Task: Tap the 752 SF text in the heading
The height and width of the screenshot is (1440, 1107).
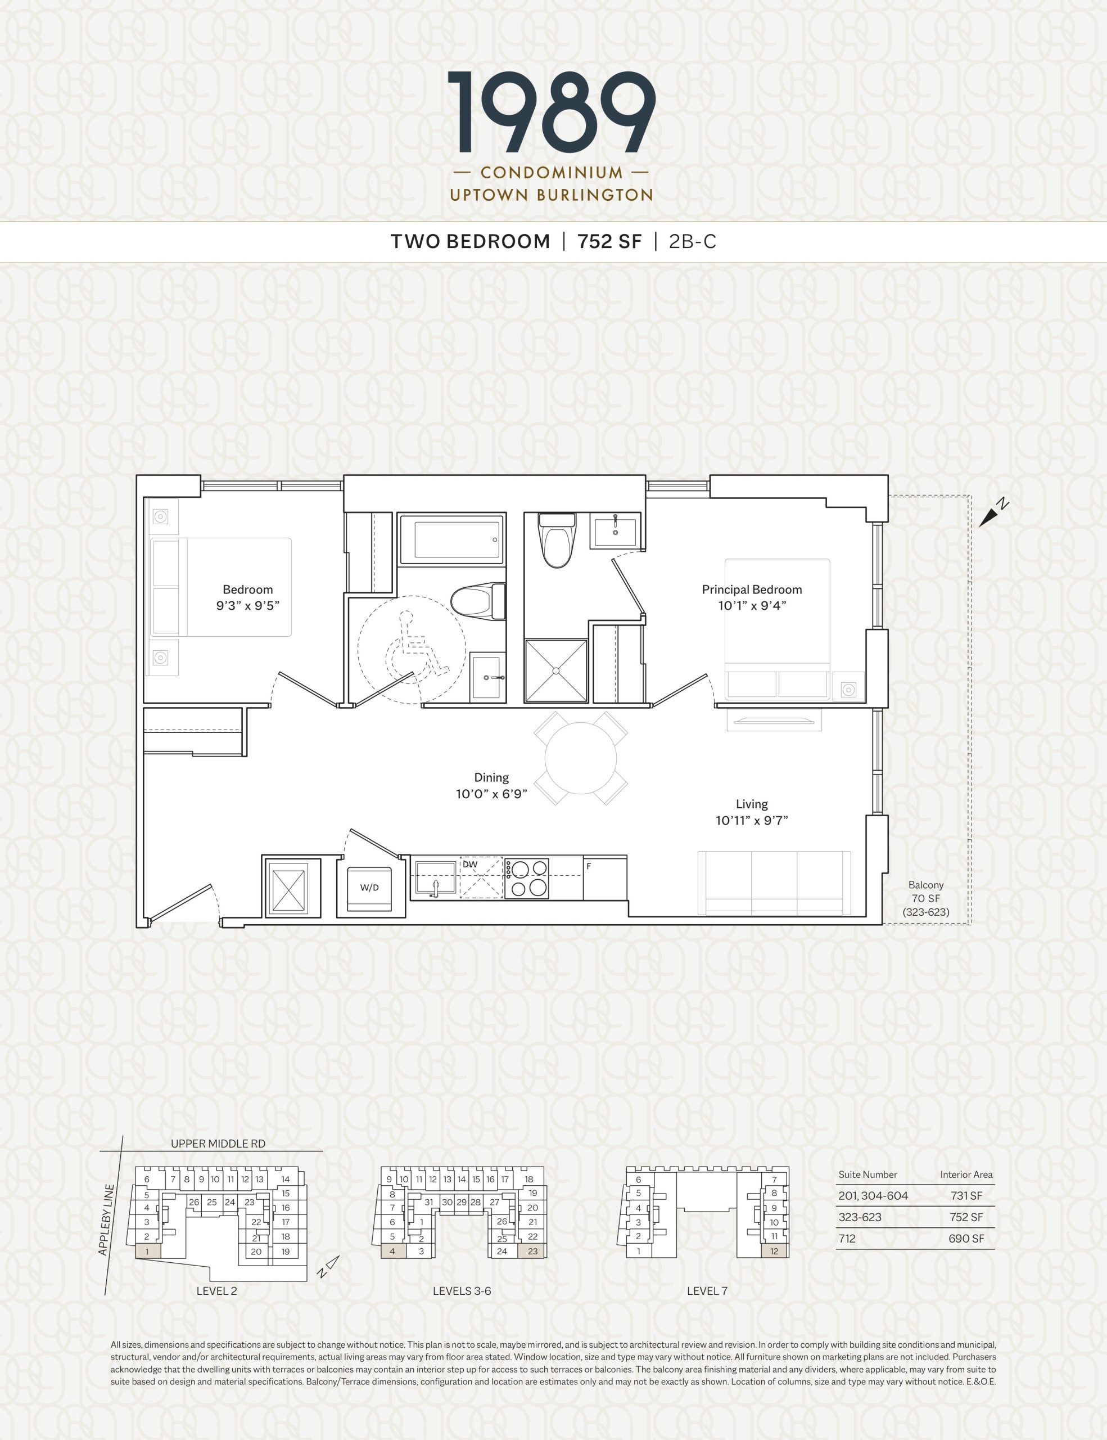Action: tap(609, 242)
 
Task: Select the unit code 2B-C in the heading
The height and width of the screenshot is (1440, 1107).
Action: tap(693, 242)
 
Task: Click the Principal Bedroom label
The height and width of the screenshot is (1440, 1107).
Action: tap(752, 589)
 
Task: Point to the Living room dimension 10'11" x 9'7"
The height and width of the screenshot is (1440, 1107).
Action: tap(752, 821)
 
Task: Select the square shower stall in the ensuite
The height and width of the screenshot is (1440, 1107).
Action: tap(555, 670)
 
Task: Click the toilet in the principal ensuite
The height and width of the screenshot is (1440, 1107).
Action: tap(558, 540)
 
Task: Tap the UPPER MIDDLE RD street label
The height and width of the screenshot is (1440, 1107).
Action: tap(218, 1144)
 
